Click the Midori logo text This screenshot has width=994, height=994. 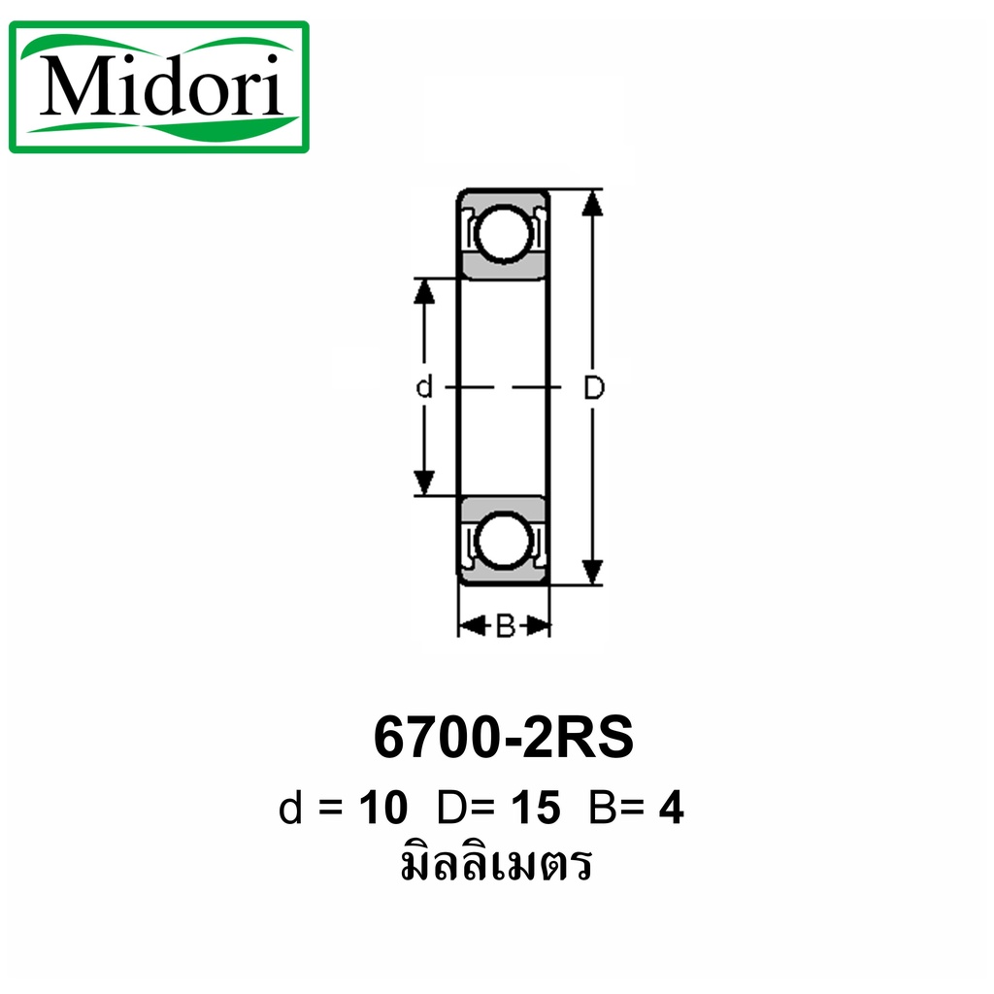click(161, 86)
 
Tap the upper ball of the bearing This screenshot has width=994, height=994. click(503, 233)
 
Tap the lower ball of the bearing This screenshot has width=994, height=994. click(503, 541)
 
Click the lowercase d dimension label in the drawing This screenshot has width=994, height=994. click(424, 386)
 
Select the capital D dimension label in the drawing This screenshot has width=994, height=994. click(594, 387)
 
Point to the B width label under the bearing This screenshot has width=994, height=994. click(505, 626)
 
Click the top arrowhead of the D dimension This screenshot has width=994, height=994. click(592, 202)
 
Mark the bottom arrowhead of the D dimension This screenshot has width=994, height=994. click(592, 571)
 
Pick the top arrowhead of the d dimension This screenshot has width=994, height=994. click(424, 291)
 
